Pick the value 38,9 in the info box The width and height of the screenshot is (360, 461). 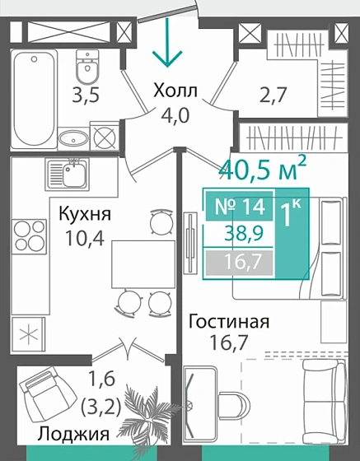238,235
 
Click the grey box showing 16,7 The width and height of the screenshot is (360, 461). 238,263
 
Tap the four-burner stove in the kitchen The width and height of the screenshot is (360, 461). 30,235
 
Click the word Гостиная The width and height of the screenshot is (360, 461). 228,321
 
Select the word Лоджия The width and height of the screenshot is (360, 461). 72,434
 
